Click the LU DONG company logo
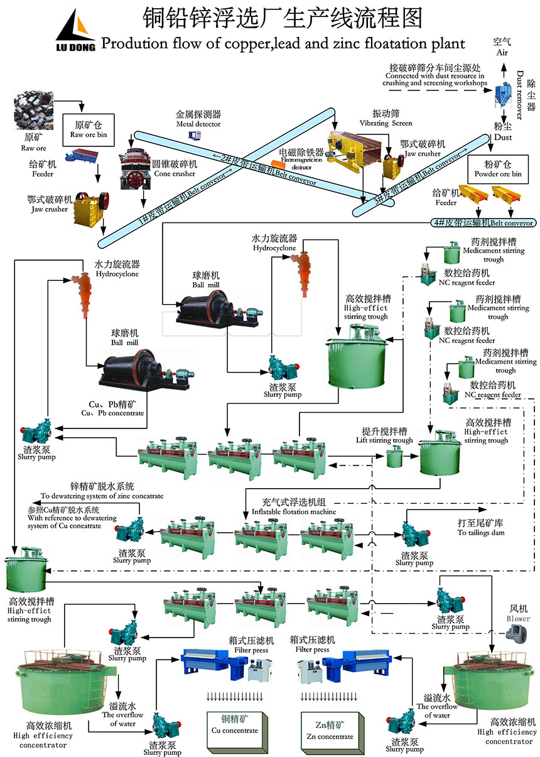point(76,31)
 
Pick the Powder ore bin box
point(498,168)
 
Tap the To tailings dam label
point(480,528)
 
